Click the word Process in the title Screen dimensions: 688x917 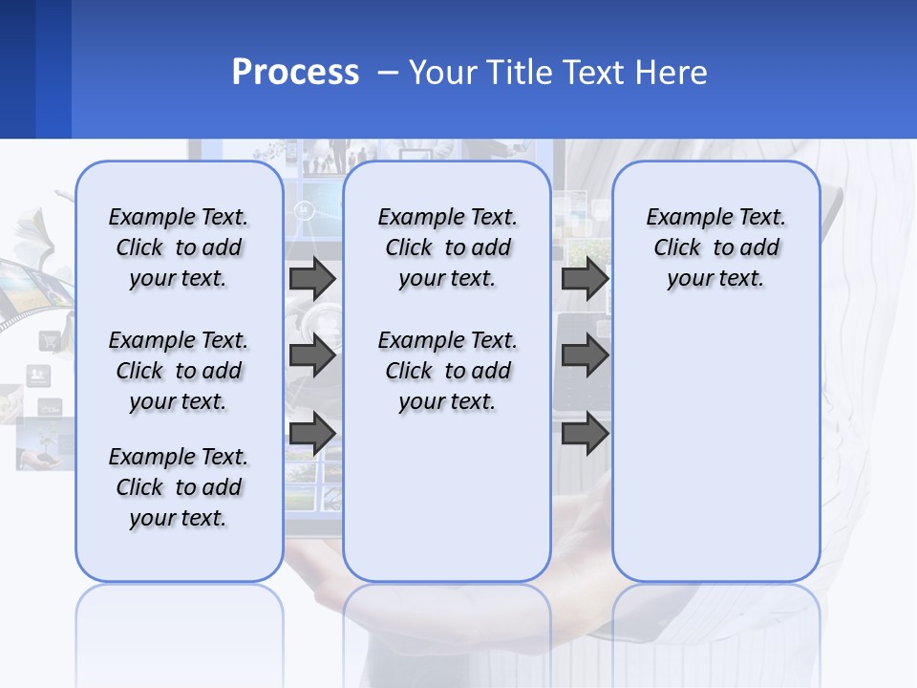point(295,73)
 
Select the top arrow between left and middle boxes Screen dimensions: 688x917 point(312,278)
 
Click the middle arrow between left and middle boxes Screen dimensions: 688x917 point(312,356)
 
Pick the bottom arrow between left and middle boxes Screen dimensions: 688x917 point(312,434)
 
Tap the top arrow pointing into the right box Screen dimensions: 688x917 point(585,278)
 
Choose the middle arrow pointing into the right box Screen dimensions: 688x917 point(585,356)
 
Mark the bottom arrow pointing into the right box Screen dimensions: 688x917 point(585,434)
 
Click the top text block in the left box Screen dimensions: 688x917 point(179,247)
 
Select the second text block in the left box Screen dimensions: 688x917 point(179,371)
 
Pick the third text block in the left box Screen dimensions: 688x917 point(179,487)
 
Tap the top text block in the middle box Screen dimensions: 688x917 point(447,247)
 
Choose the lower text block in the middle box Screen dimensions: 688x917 point(447,371)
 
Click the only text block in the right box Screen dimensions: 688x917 point(715,247)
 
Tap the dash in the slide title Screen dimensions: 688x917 point(388,73)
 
